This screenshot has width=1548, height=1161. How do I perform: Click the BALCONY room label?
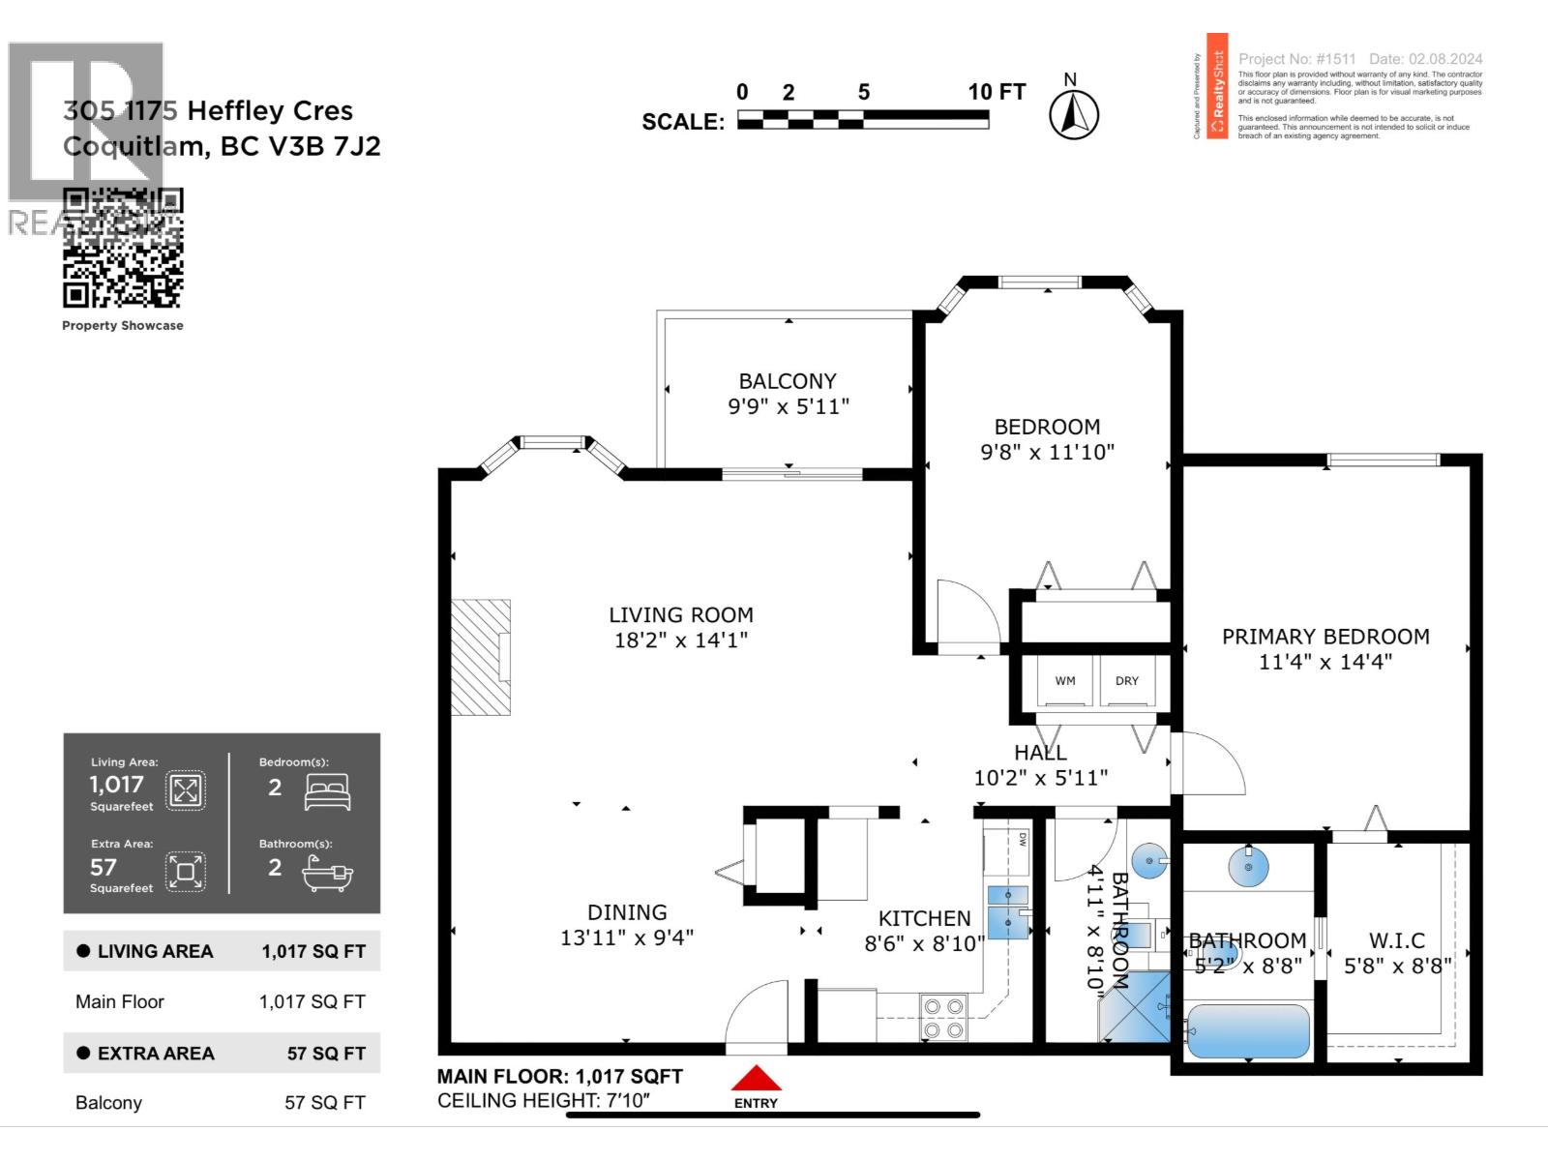coord(788,381)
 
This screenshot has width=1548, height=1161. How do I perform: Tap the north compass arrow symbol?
coord(1073,116)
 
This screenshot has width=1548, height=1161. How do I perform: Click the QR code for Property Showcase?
coord(123,249)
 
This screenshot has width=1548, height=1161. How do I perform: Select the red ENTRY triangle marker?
coord(756,1079)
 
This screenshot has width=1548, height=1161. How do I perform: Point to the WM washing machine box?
coord(1065,681)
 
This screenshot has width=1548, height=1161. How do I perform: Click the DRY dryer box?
coord(1127,681)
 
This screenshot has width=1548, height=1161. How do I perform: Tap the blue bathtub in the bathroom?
coord(1248,1031)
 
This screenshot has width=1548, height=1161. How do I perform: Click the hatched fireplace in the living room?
coord(481,657)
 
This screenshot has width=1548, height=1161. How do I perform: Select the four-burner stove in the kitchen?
coord(943,1018)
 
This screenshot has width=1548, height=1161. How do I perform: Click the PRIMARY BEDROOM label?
coord(1325,637)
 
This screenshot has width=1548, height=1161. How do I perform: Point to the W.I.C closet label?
coord(1396,940)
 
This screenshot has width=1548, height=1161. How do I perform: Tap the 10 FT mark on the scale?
coord(996,92)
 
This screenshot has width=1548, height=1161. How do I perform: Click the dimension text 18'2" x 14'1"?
coord(680,640)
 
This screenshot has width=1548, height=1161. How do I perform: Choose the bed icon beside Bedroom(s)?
coord(327,791)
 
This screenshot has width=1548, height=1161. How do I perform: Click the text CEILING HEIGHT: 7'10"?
coord(544,1100)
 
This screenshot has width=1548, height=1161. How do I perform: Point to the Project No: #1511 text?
coord(1296,59)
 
